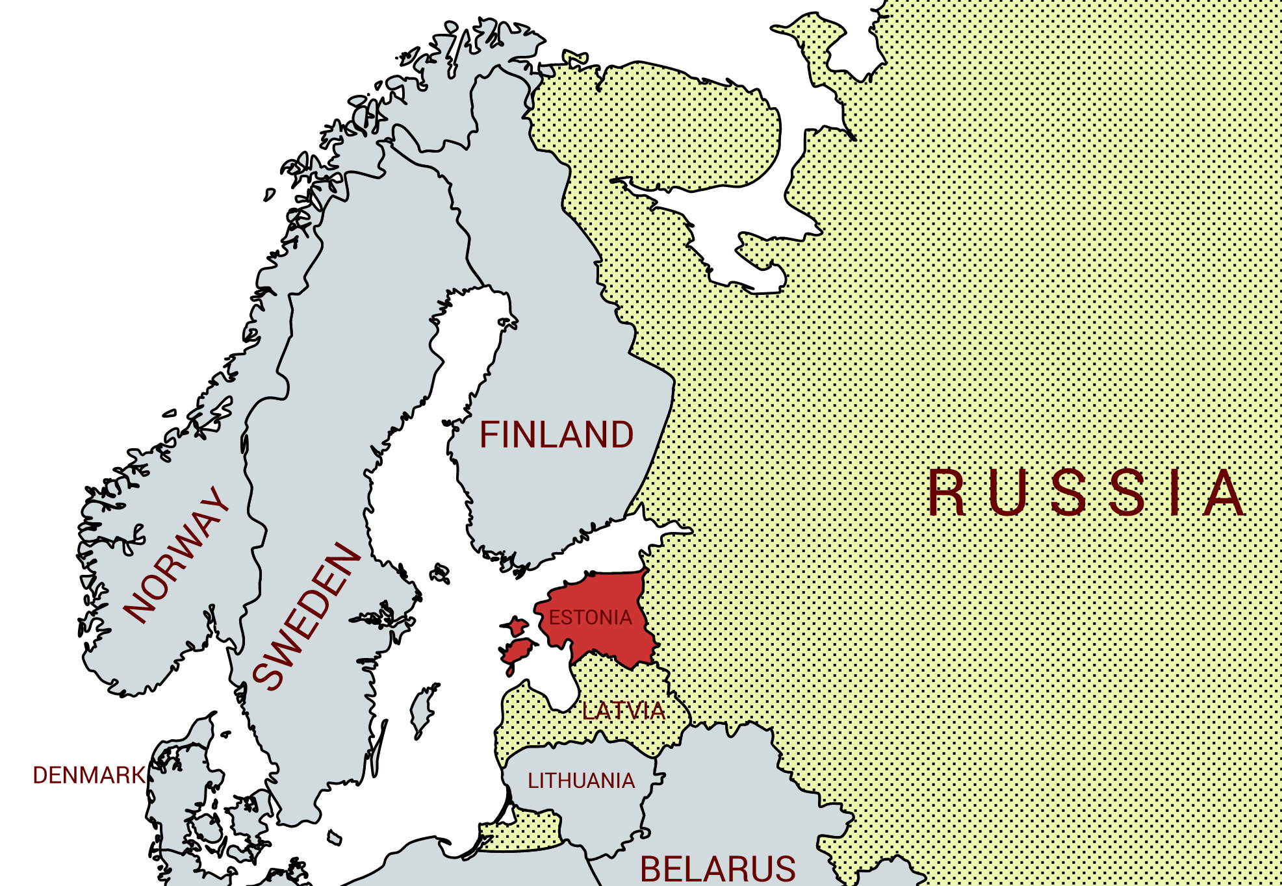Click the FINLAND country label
coord(556,435)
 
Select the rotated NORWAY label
coord(177,555)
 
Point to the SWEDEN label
coord(305,616)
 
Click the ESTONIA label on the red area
coord(590,617)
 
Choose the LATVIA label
coord(623,711)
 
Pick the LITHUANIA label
coord(581,780)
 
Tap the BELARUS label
coord(717,869)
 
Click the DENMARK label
coord(89,775)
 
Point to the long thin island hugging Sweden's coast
coord(379,747)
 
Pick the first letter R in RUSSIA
coord(946,492)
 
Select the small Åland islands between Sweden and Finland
coord(441,573)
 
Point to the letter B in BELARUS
coord(652,869)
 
